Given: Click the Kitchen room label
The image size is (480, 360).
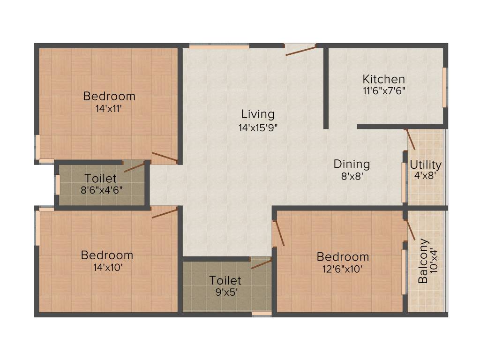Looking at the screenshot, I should [383, 79].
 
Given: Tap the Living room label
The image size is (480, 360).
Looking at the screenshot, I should [258, 114].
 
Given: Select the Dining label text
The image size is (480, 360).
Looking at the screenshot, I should [352, 164].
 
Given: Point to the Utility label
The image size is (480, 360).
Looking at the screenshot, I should [425, 165].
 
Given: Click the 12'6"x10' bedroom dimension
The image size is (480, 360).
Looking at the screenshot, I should [342, 269].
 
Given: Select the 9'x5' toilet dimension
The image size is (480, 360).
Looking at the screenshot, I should [225, 292].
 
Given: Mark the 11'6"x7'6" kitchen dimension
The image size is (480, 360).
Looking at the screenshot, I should [383, 91].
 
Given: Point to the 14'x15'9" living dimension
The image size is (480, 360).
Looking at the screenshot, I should [258, 127].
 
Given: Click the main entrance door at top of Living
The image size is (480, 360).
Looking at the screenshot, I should [300, 50].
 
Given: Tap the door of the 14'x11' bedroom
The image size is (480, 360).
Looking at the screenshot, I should [165, 157].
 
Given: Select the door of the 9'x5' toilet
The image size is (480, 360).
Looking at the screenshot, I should [261, 263].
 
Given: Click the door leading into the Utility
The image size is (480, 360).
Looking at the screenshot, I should [410, 139].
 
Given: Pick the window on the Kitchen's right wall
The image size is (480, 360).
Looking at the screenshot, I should [444, 87].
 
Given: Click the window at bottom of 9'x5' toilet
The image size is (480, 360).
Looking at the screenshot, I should [262, 313].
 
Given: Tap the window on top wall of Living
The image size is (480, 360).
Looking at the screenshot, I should [219, 46].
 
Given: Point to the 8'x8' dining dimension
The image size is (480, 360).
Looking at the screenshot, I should [352, 177].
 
